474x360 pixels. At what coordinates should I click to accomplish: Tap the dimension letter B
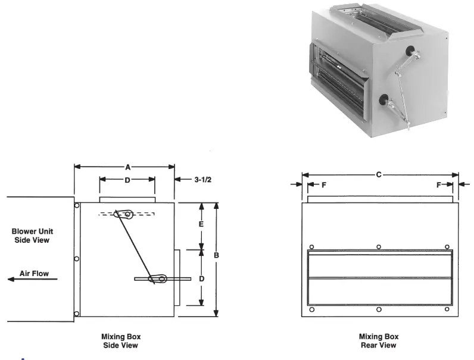click(217, 255)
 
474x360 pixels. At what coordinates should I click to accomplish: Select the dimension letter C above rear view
click(379, 175)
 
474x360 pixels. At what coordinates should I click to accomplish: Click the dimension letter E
click(201, 224)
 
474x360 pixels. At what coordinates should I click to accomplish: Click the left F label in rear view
click(323, 185)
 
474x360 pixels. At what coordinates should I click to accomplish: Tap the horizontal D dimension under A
click(127, 179)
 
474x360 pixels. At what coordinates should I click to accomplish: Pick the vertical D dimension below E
click(201, 278)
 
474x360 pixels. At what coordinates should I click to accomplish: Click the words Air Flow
click(35, 273)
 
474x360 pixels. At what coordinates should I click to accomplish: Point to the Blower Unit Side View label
click(30, 236)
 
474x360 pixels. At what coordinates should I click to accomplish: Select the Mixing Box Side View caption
click(121, 341)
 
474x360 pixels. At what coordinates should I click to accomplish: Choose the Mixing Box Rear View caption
click(379, 341)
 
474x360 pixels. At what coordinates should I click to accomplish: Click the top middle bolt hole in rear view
click(379, 246)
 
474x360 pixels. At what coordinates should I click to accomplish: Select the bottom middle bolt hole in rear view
click(379, 309)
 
